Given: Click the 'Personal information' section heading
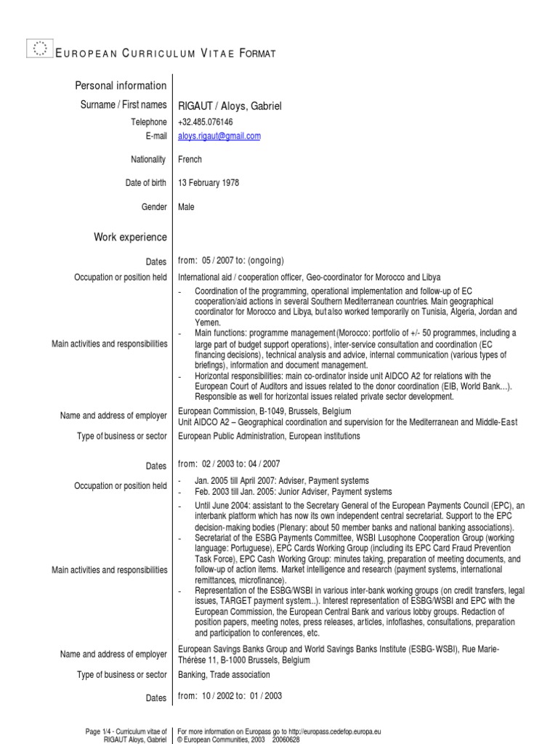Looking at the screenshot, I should (121, 86).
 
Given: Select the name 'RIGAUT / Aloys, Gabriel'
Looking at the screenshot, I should (229, 106).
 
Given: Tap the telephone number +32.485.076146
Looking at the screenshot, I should (206, 122).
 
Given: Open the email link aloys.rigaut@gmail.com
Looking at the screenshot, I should (219, 136).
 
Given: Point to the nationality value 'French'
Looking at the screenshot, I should (190, 159).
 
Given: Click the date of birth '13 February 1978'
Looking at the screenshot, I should (209, 183).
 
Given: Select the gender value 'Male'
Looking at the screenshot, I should (186, 207).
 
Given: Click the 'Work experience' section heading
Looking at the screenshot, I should (130, 237).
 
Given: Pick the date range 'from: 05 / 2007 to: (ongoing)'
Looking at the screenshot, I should (230, 261).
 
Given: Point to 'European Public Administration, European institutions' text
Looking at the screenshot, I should (269, 437).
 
